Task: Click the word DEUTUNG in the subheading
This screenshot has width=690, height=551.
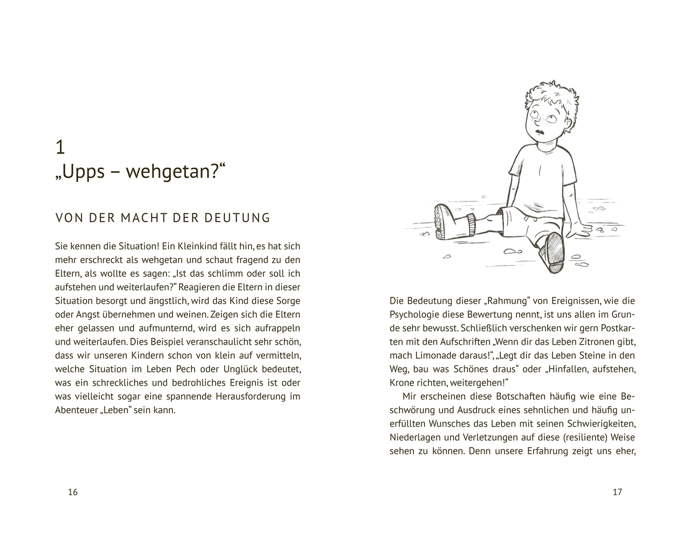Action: (x=237, y=218)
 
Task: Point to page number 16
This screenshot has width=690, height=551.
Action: (x=73, y=492)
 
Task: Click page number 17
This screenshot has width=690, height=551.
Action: (x=617, y=492)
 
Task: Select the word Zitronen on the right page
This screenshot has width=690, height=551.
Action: (x=598, y=341)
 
